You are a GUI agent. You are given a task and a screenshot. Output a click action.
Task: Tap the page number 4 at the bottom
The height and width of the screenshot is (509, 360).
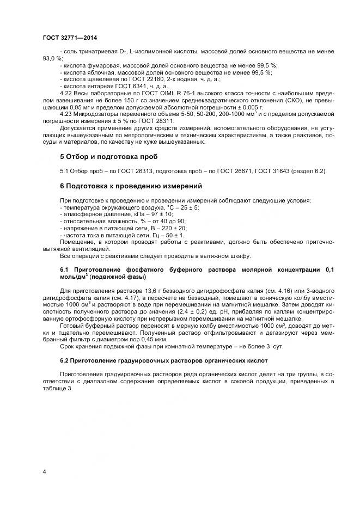[x=45, y=471]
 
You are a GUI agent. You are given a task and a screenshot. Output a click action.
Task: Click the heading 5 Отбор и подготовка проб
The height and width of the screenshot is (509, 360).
[x=108, y=157]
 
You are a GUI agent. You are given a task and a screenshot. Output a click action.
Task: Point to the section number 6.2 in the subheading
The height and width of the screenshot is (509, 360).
[x=65, y=361]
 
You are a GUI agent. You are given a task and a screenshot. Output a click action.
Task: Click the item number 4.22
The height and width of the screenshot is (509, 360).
[x=66, y=93]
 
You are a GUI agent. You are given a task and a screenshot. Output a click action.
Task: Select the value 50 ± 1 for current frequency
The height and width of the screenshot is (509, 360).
[x=173, y=236]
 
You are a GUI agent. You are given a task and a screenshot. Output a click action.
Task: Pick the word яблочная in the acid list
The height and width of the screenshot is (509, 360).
[x=96, y=72]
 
